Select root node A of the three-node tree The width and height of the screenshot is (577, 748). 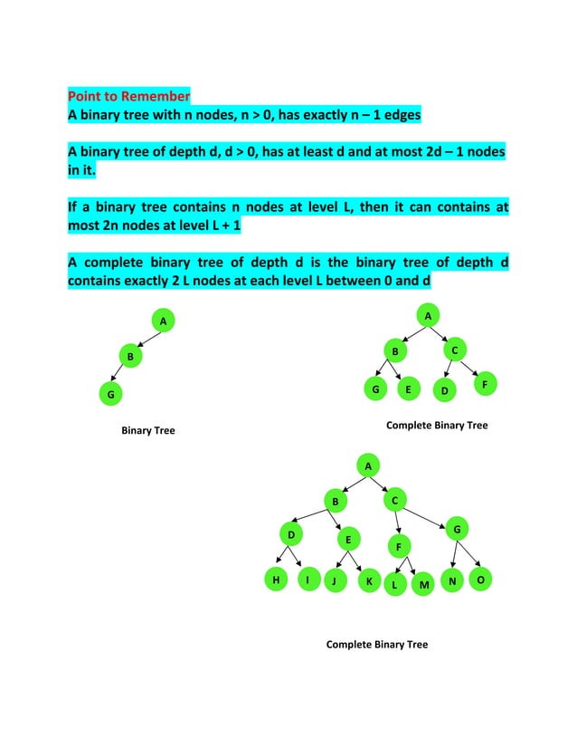point(163,321)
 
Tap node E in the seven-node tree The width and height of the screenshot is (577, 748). point(408,390)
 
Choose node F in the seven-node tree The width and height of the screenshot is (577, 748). point(485,385)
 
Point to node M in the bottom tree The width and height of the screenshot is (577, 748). point(423,585)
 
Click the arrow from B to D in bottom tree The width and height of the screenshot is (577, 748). point(314,516)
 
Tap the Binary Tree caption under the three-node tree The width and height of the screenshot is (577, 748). point(148,430)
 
